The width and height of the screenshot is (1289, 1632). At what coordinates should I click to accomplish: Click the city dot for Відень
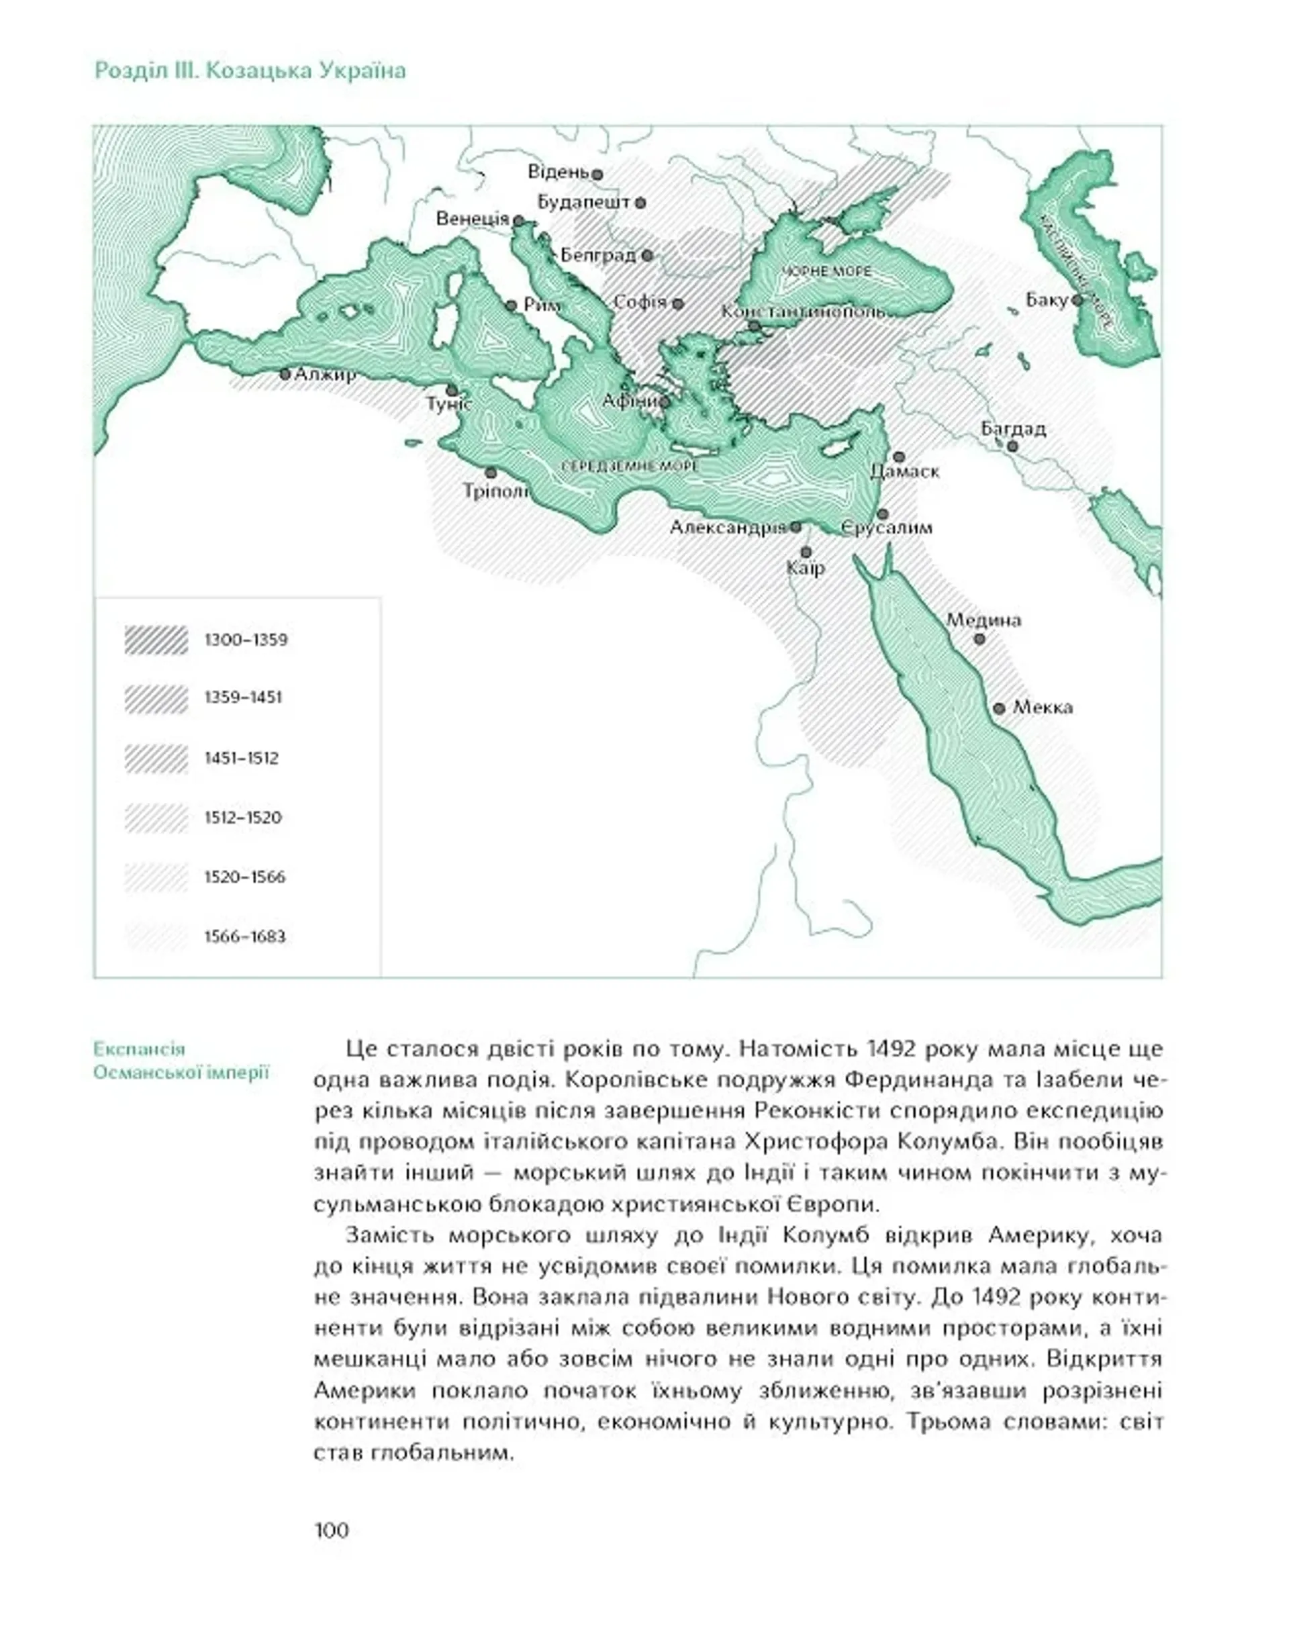coord(597,175)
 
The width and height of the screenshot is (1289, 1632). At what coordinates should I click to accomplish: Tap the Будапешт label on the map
coord(583,202)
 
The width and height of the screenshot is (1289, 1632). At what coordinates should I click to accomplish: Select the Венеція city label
coord(473,219)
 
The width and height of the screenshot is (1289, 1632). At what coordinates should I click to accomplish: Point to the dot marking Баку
coord(1078,299)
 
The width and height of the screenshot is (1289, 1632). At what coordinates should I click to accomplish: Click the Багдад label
coord(1013,428)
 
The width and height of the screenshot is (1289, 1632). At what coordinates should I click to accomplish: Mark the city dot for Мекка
coord(999,708)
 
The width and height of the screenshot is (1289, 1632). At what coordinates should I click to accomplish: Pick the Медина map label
coord(984,620)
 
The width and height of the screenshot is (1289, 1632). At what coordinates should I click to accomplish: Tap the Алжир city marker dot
coord(285,374)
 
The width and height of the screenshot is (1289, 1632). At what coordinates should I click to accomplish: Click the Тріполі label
coord(496,491)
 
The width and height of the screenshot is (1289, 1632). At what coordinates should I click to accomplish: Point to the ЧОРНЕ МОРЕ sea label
coord(826,271)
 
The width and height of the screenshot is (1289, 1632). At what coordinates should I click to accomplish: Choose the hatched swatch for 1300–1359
coord(156,640)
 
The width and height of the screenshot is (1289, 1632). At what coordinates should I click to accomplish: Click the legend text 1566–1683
coord(245,937)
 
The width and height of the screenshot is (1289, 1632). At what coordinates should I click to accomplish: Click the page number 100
coord(331,1530)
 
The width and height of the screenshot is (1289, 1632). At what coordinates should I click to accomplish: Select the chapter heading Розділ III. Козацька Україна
coord(250,71)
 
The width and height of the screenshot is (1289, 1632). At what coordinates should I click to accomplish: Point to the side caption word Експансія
coord(140,1049)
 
